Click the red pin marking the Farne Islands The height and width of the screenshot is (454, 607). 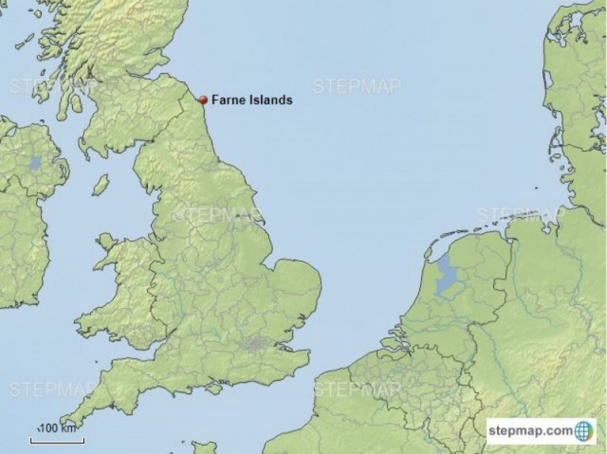click(x=203, y=99)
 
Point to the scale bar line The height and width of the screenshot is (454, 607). click(x=57, y=440)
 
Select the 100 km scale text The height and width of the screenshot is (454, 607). click(x=58, y=428)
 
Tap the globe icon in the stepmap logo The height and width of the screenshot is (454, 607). click(x=585, y=431)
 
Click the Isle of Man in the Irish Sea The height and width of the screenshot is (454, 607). click(x=100, y=184)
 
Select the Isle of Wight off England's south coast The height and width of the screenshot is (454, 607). click(x=215, y=389)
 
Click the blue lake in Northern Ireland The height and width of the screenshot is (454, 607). click(x=35, y=163)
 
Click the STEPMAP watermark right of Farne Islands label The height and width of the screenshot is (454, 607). click(x=357, y=86)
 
